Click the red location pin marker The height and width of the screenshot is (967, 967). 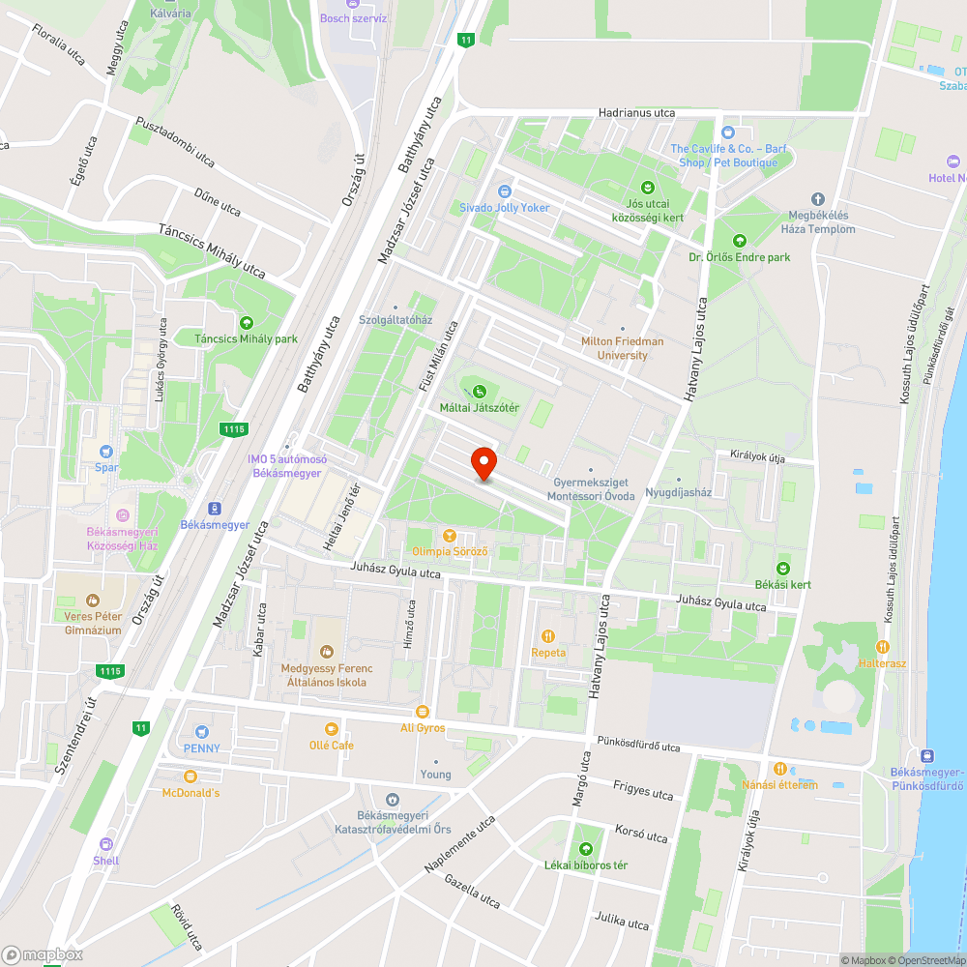click(x=483, y=462)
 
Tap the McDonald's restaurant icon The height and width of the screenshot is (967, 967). click(x=190, y=776)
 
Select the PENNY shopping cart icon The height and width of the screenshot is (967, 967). click(x=201, y=731)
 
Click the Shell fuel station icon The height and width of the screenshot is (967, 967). click(x=106, y=843)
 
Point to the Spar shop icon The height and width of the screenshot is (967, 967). click(x=106, y=451)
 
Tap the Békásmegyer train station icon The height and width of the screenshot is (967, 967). click(x=215, y=509)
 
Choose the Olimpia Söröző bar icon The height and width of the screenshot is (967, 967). click(x=449, y=535)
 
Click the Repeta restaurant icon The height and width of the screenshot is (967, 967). click(x=548, y=635)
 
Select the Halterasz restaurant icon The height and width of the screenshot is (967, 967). click(x=881, y=646)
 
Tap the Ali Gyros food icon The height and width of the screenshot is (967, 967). click(x=423, y=711)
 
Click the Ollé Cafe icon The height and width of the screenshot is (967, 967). click(x=332, y=728)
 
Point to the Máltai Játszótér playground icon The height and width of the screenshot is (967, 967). click(x=480, y=391)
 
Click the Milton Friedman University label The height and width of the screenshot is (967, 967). click(x=622, y=348)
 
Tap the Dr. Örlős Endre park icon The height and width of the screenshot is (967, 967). click(x=740, y=241)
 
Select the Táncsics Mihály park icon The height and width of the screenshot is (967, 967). click(x=246, y=322)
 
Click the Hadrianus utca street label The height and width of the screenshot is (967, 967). click(x=636, y=113)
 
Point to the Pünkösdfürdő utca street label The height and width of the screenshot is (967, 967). click(x=638, y=747)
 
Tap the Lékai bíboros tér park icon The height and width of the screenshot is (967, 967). click(x=585, y=848)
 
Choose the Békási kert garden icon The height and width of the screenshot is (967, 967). click(x=783, y=568)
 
